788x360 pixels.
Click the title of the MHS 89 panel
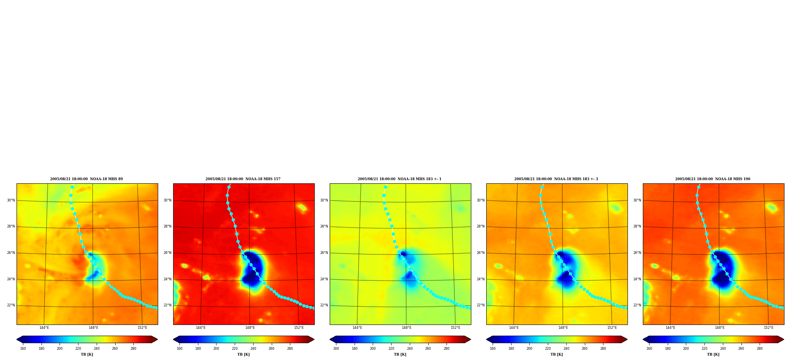click(86, 179)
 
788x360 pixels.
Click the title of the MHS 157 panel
click(243, 179)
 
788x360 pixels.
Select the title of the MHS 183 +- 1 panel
click(400, 179)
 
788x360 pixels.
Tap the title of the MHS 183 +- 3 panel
click(556, 179)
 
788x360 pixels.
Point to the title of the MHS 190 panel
click(713, 179)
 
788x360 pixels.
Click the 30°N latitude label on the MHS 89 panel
click(11, 200)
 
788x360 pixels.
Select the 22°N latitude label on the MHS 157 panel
click(168, 305)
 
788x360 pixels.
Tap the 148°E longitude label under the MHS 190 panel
click(720, 328)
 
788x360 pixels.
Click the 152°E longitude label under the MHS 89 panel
click(142, 328)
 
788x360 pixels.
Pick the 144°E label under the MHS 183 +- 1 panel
click(357, 328)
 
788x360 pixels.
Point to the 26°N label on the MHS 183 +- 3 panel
click(481, 253)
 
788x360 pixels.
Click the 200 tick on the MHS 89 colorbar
click(60, 349)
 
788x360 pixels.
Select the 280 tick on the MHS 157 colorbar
click(290, 349)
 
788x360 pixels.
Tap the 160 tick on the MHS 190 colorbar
click(649, 349)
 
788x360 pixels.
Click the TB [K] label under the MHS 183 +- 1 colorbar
click(400, 354)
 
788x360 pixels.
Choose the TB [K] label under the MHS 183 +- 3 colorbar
click(556, 354)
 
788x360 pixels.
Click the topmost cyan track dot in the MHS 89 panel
click(72, 187)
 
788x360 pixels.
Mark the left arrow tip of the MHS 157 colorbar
click(174, 339)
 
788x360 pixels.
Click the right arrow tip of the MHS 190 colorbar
click(784, 339)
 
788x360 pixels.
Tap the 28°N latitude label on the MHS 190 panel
click(637, 226)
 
